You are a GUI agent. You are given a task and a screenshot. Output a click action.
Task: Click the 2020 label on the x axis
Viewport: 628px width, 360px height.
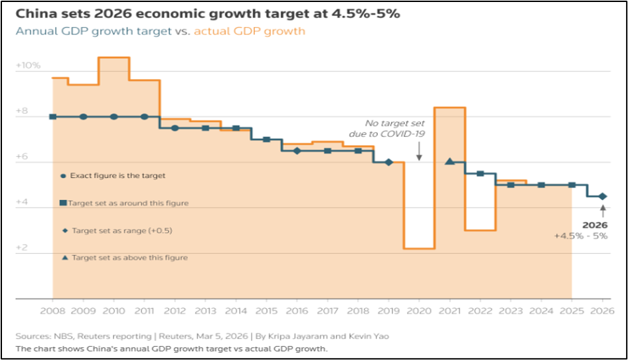click(418, 310)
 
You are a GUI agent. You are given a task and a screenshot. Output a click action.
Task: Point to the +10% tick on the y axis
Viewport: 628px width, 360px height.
click(29, 66)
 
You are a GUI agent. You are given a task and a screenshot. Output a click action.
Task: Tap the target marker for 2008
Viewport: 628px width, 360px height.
click(53, 117)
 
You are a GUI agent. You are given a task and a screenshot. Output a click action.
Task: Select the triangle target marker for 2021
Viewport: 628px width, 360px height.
click(449, 161)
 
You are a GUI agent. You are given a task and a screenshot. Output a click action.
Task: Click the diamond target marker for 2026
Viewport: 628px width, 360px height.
click(602, 197)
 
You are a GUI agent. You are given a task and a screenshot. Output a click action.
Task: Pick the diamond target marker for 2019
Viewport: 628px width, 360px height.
click(388, 162)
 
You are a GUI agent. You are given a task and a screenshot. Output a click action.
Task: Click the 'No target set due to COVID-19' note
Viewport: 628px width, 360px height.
click(394, 128)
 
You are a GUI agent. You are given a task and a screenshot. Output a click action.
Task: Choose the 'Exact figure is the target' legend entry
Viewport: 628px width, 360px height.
click(113, 176)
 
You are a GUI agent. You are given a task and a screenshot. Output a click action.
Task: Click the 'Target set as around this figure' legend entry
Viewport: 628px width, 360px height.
click(124, 203)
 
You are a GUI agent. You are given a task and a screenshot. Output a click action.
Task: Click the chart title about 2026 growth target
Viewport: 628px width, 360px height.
click(208, 14)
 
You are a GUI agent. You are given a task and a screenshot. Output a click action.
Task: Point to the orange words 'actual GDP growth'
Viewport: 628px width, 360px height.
click(249, 31)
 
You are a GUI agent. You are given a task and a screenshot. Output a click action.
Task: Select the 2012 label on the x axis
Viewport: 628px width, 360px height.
click(175, 310)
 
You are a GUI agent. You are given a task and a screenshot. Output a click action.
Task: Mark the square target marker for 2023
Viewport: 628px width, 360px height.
click(510, 185)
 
